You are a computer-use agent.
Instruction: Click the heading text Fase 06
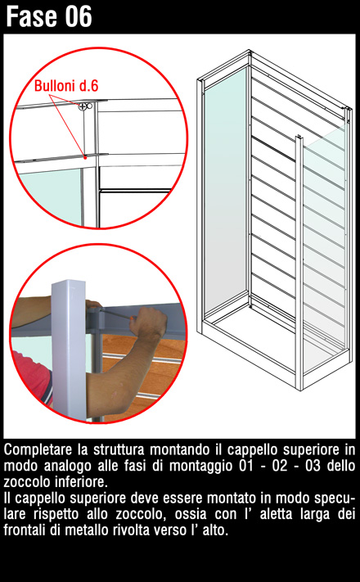click(49, 16)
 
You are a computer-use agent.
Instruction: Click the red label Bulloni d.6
click(66, 86)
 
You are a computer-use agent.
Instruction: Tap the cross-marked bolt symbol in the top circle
click(82, 106)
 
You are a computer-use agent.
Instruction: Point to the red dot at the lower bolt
click(85, 158)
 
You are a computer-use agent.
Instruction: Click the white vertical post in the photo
click(69, 349)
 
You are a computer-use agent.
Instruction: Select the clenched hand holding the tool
click(148, 322)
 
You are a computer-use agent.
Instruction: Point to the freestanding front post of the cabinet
click(299, 263)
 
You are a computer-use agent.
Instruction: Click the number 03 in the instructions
click(313, 466)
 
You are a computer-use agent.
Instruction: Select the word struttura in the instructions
click(119, 450)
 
